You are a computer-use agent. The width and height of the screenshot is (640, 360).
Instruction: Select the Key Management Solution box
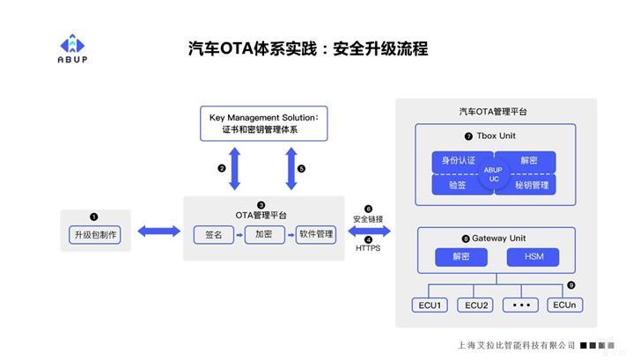pyautogui.click(x=262, y=123)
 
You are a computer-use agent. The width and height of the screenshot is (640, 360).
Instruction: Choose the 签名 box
pyautogui.click(x=213, y=235)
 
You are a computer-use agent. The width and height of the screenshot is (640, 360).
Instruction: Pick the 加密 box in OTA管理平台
pyautogui.click(x=263, y=235)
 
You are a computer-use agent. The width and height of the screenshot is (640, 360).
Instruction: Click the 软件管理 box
pyautogui.click(x=315, y=235)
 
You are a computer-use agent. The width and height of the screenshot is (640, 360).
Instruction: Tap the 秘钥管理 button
pyautogui.click(x=533, y=185)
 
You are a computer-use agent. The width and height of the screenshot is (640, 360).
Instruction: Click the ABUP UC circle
pyautogui.click(x=494, y=173)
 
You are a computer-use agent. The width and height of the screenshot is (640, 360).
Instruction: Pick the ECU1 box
pyautogui.click(x=430, y=305)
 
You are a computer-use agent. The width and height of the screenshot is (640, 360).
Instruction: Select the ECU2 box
pyautogui.click(x=476, y=305)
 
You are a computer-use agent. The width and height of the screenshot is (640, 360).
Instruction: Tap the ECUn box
pyautogui.click(x=564, y=305)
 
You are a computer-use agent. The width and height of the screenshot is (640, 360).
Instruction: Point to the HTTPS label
pyautogui.click(x=368, y=249)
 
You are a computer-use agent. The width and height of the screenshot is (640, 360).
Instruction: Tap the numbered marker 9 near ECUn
pyautogui.click(x=570, y=285)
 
